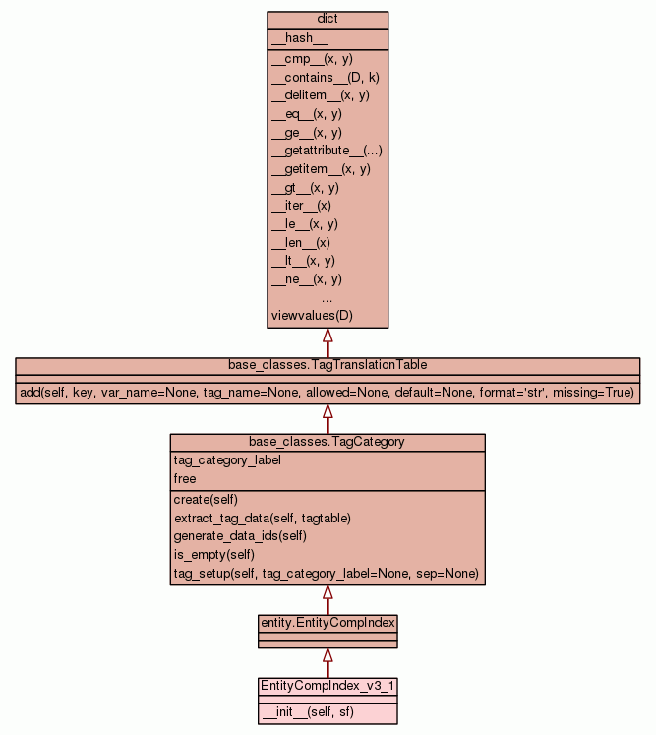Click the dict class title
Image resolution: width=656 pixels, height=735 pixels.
coord(328,20)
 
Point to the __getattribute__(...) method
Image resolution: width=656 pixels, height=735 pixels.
coord(327,151)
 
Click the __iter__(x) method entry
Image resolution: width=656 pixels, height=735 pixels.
coord(301,206)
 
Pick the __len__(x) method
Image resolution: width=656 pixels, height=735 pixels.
coord(300,242)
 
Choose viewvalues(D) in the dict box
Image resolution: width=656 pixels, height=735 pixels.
coord(311,316)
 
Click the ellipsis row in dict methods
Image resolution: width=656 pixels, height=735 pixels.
coord(328,297)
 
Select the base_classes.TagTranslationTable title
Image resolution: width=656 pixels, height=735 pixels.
coord(328,365)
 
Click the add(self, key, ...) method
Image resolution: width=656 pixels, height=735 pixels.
coord(328,393)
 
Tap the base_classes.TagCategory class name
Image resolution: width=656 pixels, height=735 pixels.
coord(328,442)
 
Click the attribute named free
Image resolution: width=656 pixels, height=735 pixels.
coord(185,479)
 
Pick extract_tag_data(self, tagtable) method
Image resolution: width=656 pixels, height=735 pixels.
coord(262,518)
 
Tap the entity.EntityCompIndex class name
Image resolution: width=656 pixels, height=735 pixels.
coord(328,623)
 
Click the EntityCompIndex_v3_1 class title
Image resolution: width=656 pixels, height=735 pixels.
coord(328,685)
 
